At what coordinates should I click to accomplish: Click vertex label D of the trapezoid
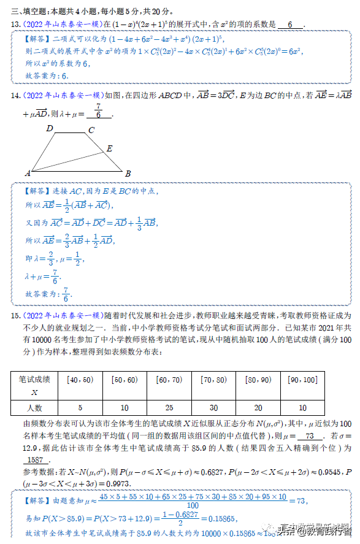tap(50, 129)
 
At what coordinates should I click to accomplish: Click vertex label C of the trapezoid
tap(91, 130)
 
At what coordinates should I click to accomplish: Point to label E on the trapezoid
tap(109, 148)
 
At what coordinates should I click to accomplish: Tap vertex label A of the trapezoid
tap(28, 174)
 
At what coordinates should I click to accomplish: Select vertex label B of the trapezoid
tap(128, 174)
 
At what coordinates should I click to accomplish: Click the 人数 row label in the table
tap(34, 408)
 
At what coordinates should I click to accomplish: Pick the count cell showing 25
tap(169, 408)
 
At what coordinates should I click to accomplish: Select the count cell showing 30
tap(213, 408)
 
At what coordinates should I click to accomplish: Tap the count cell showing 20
tap(258, 408)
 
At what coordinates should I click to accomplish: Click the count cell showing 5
tap(80, 408)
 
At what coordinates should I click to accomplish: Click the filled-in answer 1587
tap(35, 460)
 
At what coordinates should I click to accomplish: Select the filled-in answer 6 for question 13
tap(290, 24)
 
